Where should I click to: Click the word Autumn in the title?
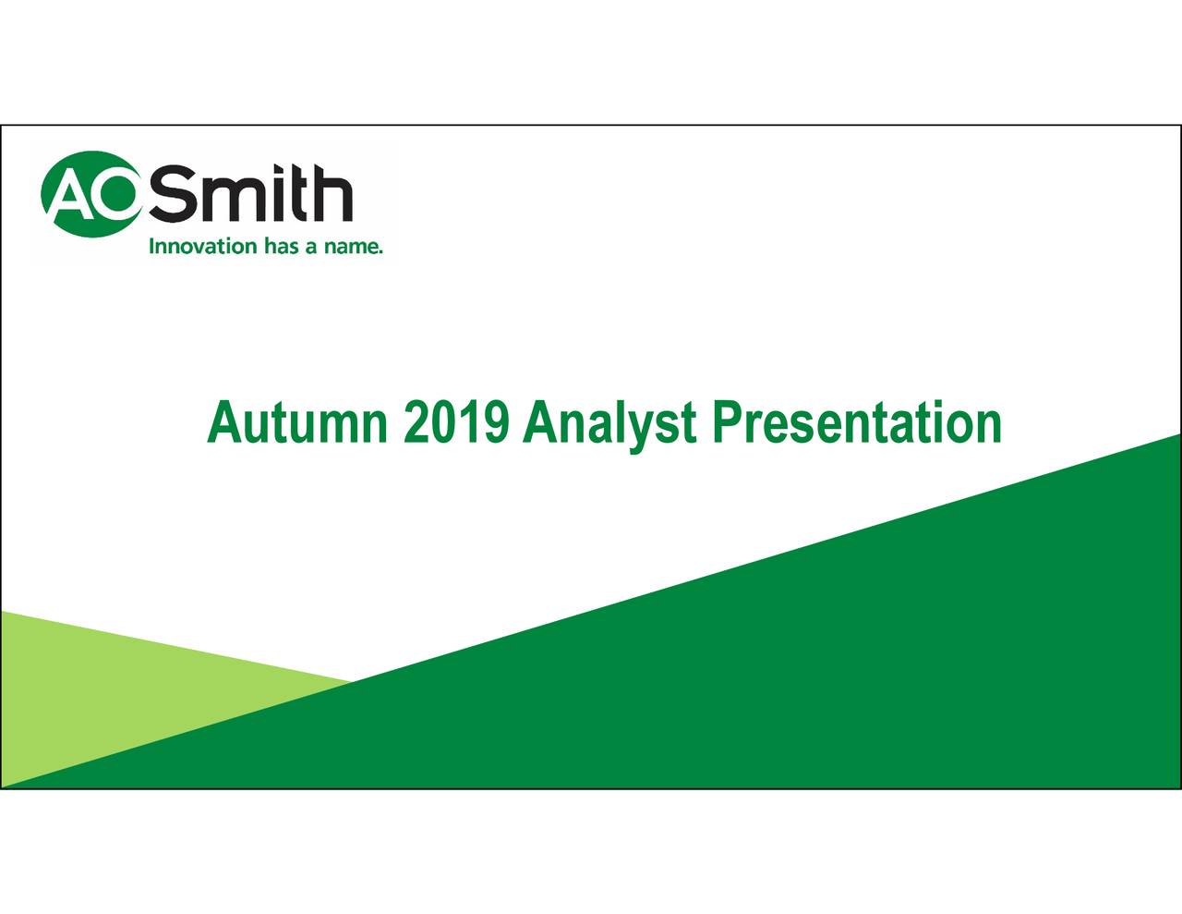coord(297,424)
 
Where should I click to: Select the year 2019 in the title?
coord(456,423)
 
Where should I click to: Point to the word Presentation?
coord(857,423)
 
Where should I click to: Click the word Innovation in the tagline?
coord(203,246)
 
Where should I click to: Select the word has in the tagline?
coord(282,246)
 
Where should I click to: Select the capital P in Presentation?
coord(729,423)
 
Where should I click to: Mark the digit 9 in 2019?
coord(495,423)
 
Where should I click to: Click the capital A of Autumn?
coord(224,423)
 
